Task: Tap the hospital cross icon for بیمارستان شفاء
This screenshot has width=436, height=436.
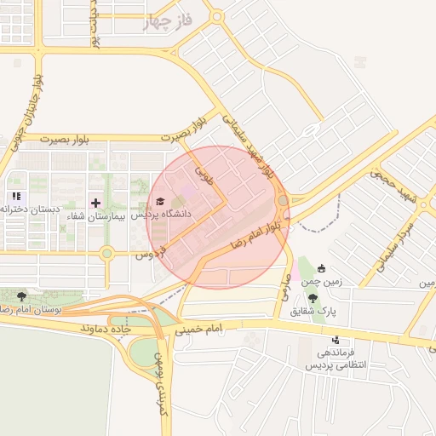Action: coord(95,203)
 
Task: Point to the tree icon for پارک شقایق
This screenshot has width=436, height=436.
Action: coord(313,297)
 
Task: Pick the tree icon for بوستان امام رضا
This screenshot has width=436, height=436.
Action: coord(21,295)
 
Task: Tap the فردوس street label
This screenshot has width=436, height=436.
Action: coord(148,253)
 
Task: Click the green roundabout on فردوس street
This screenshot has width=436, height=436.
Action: coord(106,253)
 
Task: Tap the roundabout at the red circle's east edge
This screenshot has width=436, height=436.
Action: coord(283,201)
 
